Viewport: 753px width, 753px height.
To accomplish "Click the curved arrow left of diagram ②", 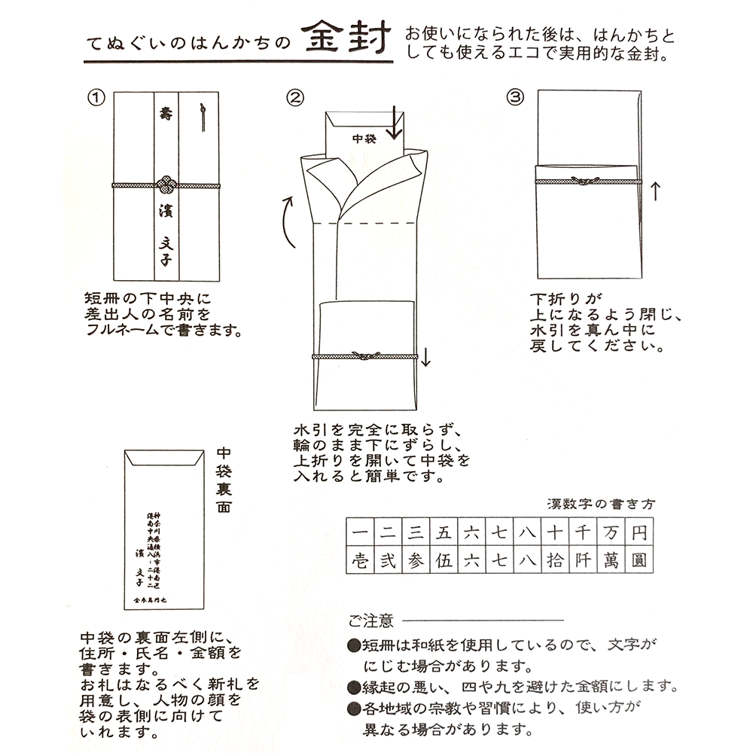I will click(x=288, y=223).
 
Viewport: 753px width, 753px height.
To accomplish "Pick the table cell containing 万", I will click(x=610, y=533).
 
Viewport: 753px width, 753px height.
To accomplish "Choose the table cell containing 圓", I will click(x=639, y=561).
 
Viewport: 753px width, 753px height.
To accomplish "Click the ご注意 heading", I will click(x=370, y=620).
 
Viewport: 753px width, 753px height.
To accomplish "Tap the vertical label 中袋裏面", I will click(x=224, y=476).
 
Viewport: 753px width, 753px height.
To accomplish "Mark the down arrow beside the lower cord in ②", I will click(x=426, y=355).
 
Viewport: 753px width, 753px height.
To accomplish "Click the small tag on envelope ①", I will click(x=201, y=119).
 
